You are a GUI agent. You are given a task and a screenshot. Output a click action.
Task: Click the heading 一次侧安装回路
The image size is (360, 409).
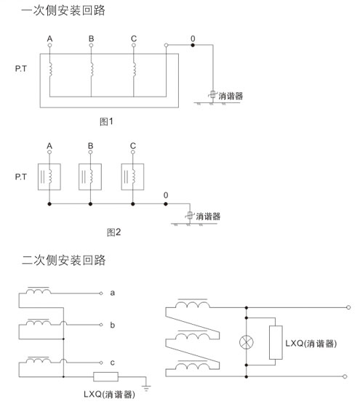[63, 11]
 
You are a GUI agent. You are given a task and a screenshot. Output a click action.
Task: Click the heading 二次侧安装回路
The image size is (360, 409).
[64, 260]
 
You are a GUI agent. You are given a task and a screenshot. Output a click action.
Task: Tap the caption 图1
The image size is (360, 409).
[106, 121]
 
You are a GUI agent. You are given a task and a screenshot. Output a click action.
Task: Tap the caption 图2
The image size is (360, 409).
[114, 232]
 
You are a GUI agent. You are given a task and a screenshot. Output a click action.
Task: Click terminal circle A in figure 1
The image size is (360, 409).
[49, 45]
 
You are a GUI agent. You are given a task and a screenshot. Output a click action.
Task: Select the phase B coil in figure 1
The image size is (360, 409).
[92, 69]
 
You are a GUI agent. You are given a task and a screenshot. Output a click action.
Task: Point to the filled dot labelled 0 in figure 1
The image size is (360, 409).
[193, 45]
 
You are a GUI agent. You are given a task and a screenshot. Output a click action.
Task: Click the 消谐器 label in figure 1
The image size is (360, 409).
[231, 96]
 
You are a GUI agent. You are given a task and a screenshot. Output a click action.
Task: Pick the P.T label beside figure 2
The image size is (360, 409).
[21, 177]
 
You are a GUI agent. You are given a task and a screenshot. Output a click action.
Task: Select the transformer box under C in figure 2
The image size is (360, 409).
[132, 177]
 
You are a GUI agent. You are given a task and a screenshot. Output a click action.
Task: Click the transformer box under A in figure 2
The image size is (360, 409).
[49, 177]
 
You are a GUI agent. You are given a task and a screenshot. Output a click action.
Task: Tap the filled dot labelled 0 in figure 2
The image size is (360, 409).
[166, 203]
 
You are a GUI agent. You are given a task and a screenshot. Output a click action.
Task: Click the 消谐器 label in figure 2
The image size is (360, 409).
[208, 216]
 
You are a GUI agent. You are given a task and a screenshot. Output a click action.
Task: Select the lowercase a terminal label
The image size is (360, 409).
[112, 293]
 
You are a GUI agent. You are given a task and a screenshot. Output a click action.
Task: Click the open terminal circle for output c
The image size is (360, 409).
[101, 363]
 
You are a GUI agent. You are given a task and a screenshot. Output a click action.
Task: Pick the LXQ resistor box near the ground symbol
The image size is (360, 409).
[105, 376]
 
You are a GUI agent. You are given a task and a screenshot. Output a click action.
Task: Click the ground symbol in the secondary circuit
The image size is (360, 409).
[146, 387]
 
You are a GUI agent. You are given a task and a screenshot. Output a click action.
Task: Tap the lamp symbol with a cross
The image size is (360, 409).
[246, 342]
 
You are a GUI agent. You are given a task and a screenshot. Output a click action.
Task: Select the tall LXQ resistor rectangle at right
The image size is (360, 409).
[276, 342]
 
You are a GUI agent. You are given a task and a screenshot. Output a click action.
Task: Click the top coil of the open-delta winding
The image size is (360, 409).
[193, 304]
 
